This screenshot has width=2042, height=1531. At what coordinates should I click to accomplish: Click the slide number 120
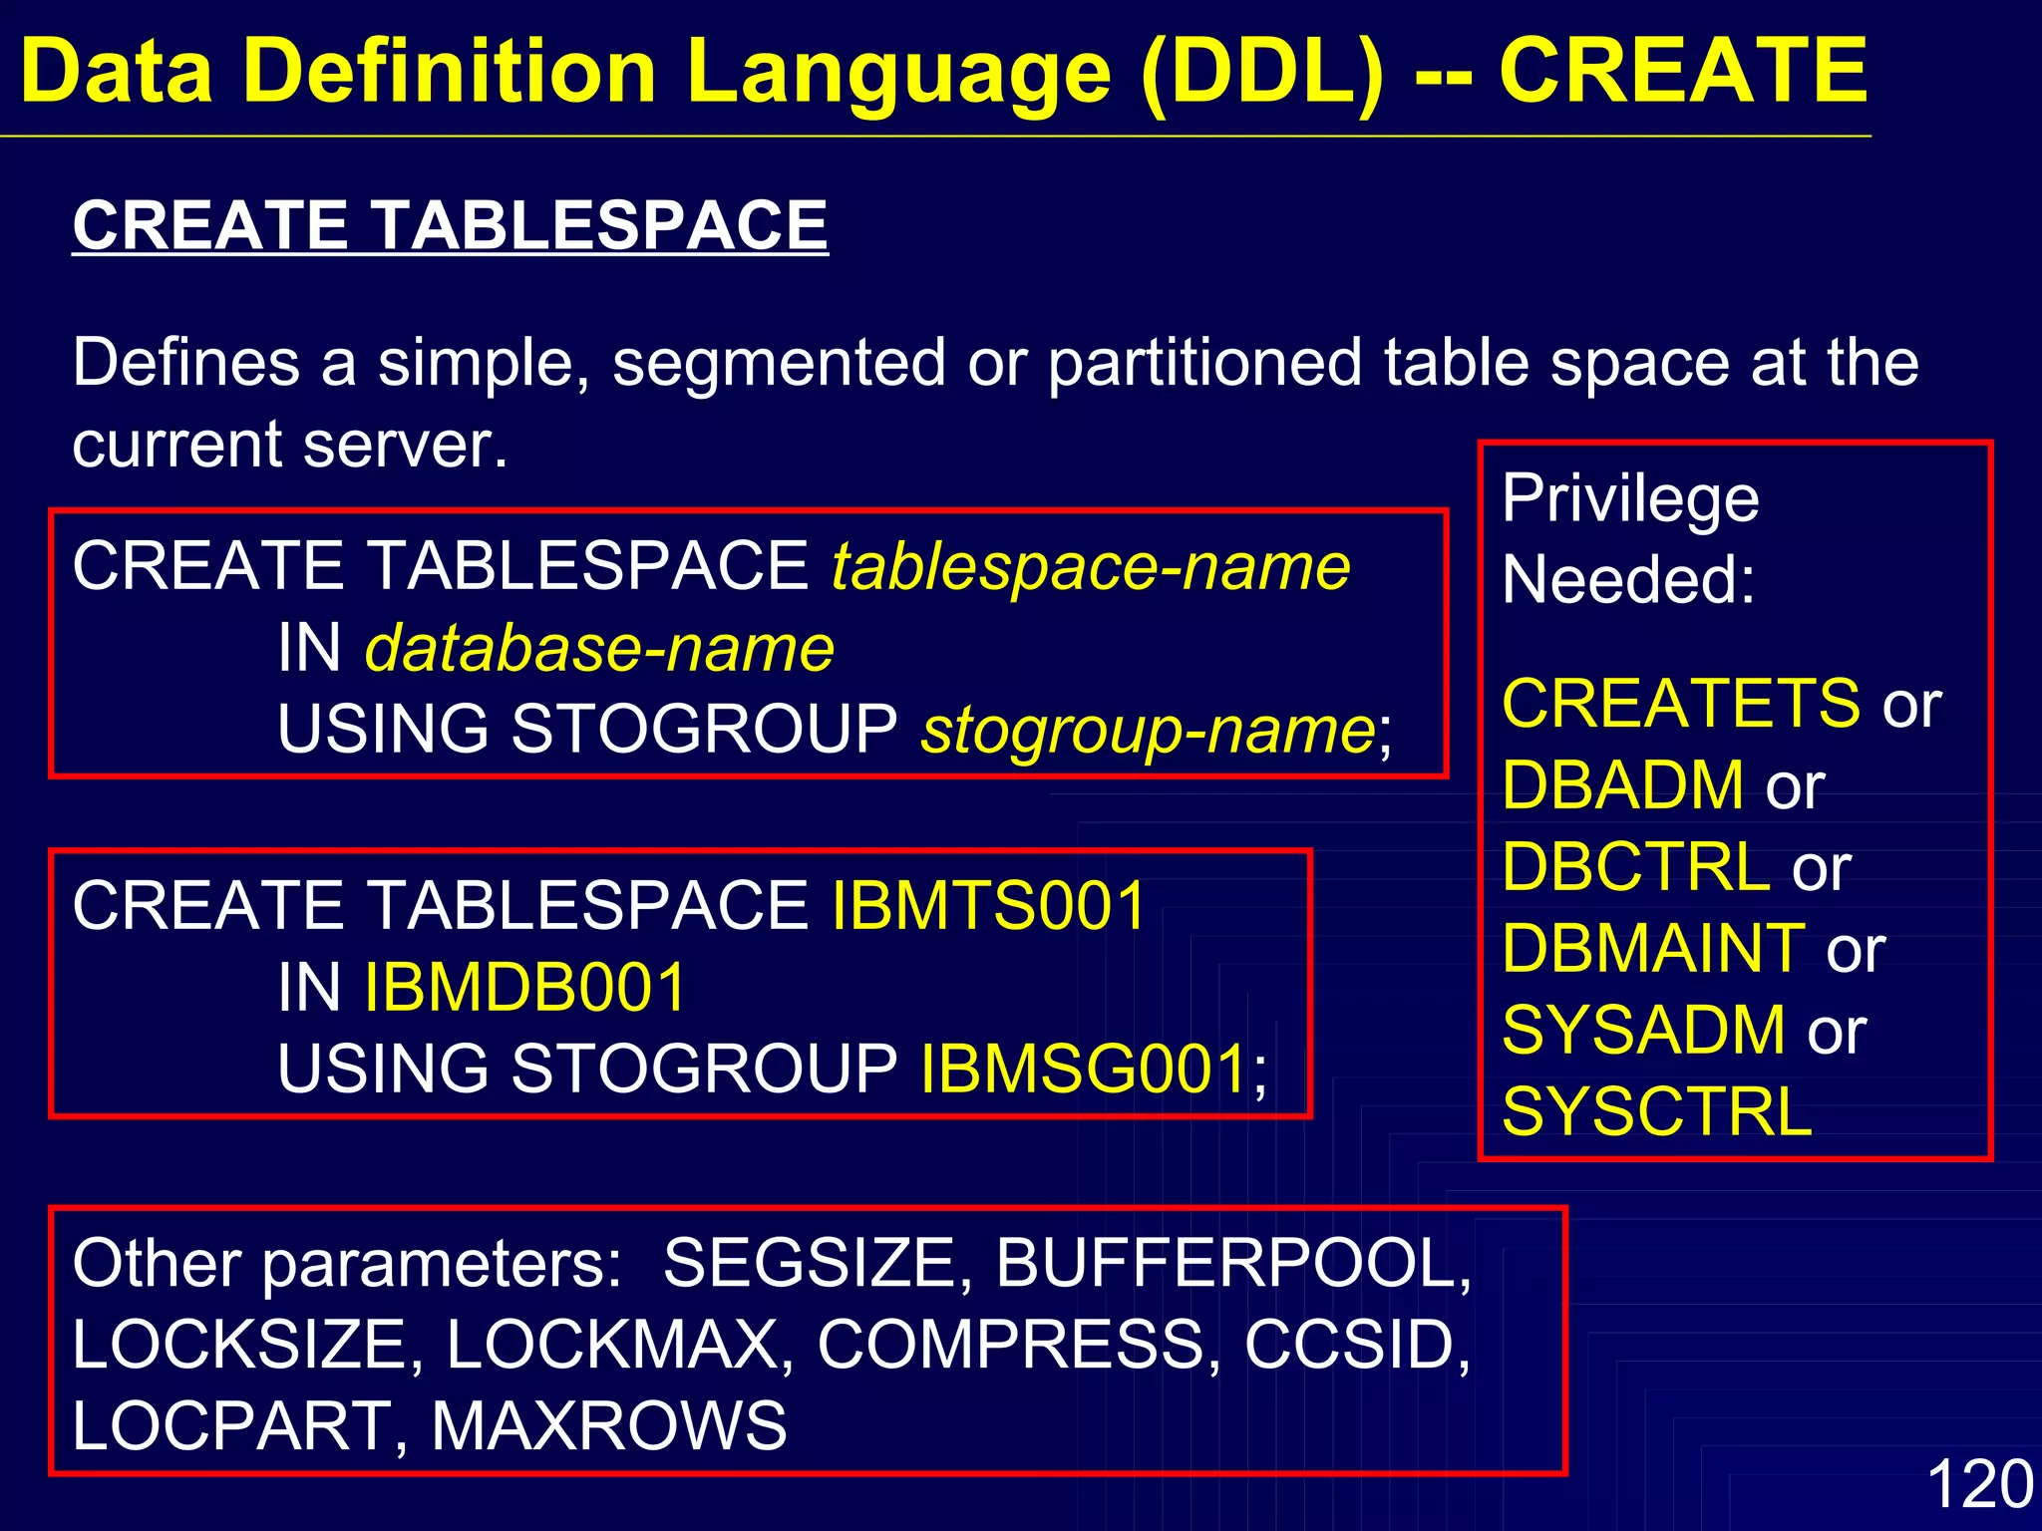pos(1979,1484)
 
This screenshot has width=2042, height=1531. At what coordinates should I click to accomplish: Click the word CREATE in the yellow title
pos(1683,72)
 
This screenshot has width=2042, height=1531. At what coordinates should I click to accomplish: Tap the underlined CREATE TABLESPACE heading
pos(450,225)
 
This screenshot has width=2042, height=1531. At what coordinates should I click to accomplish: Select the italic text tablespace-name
pos(1091,567)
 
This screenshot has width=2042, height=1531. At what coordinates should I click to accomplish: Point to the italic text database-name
pos(599,649)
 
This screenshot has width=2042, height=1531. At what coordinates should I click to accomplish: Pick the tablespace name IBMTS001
pos(988,906)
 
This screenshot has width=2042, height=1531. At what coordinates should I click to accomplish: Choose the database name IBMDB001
pos(525,988)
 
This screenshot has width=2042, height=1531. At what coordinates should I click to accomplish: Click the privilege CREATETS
pos(1681,704)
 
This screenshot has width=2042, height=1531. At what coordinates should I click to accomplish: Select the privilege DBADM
pos(1623,785)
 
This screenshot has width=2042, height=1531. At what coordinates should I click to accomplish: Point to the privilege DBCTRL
pos(1636,867)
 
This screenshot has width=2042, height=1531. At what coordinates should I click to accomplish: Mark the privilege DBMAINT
pos(1654,948)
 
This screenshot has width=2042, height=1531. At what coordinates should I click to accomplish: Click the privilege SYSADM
pos(1644,1030)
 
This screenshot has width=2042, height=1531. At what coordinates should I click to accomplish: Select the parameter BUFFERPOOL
pos(1232,1264)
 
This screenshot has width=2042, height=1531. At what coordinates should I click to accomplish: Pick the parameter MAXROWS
pos(609,1425)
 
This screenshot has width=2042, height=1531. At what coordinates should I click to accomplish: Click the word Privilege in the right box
pos(1630,499)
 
